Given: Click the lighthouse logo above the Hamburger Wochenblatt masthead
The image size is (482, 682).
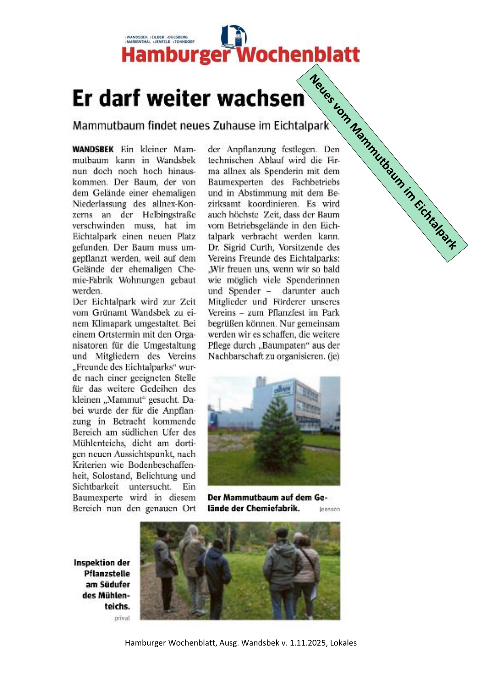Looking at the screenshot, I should (234, 36).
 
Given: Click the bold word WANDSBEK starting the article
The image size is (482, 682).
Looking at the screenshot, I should (93, 149).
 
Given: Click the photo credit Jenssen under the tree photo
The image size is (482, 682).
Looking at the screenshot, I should (329, 509).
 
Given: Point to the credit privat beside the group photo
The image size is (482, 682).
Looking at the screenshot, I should (122, 618).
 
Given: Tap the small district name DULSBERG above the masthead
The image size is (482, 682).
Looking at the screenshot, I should (178, 37).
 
